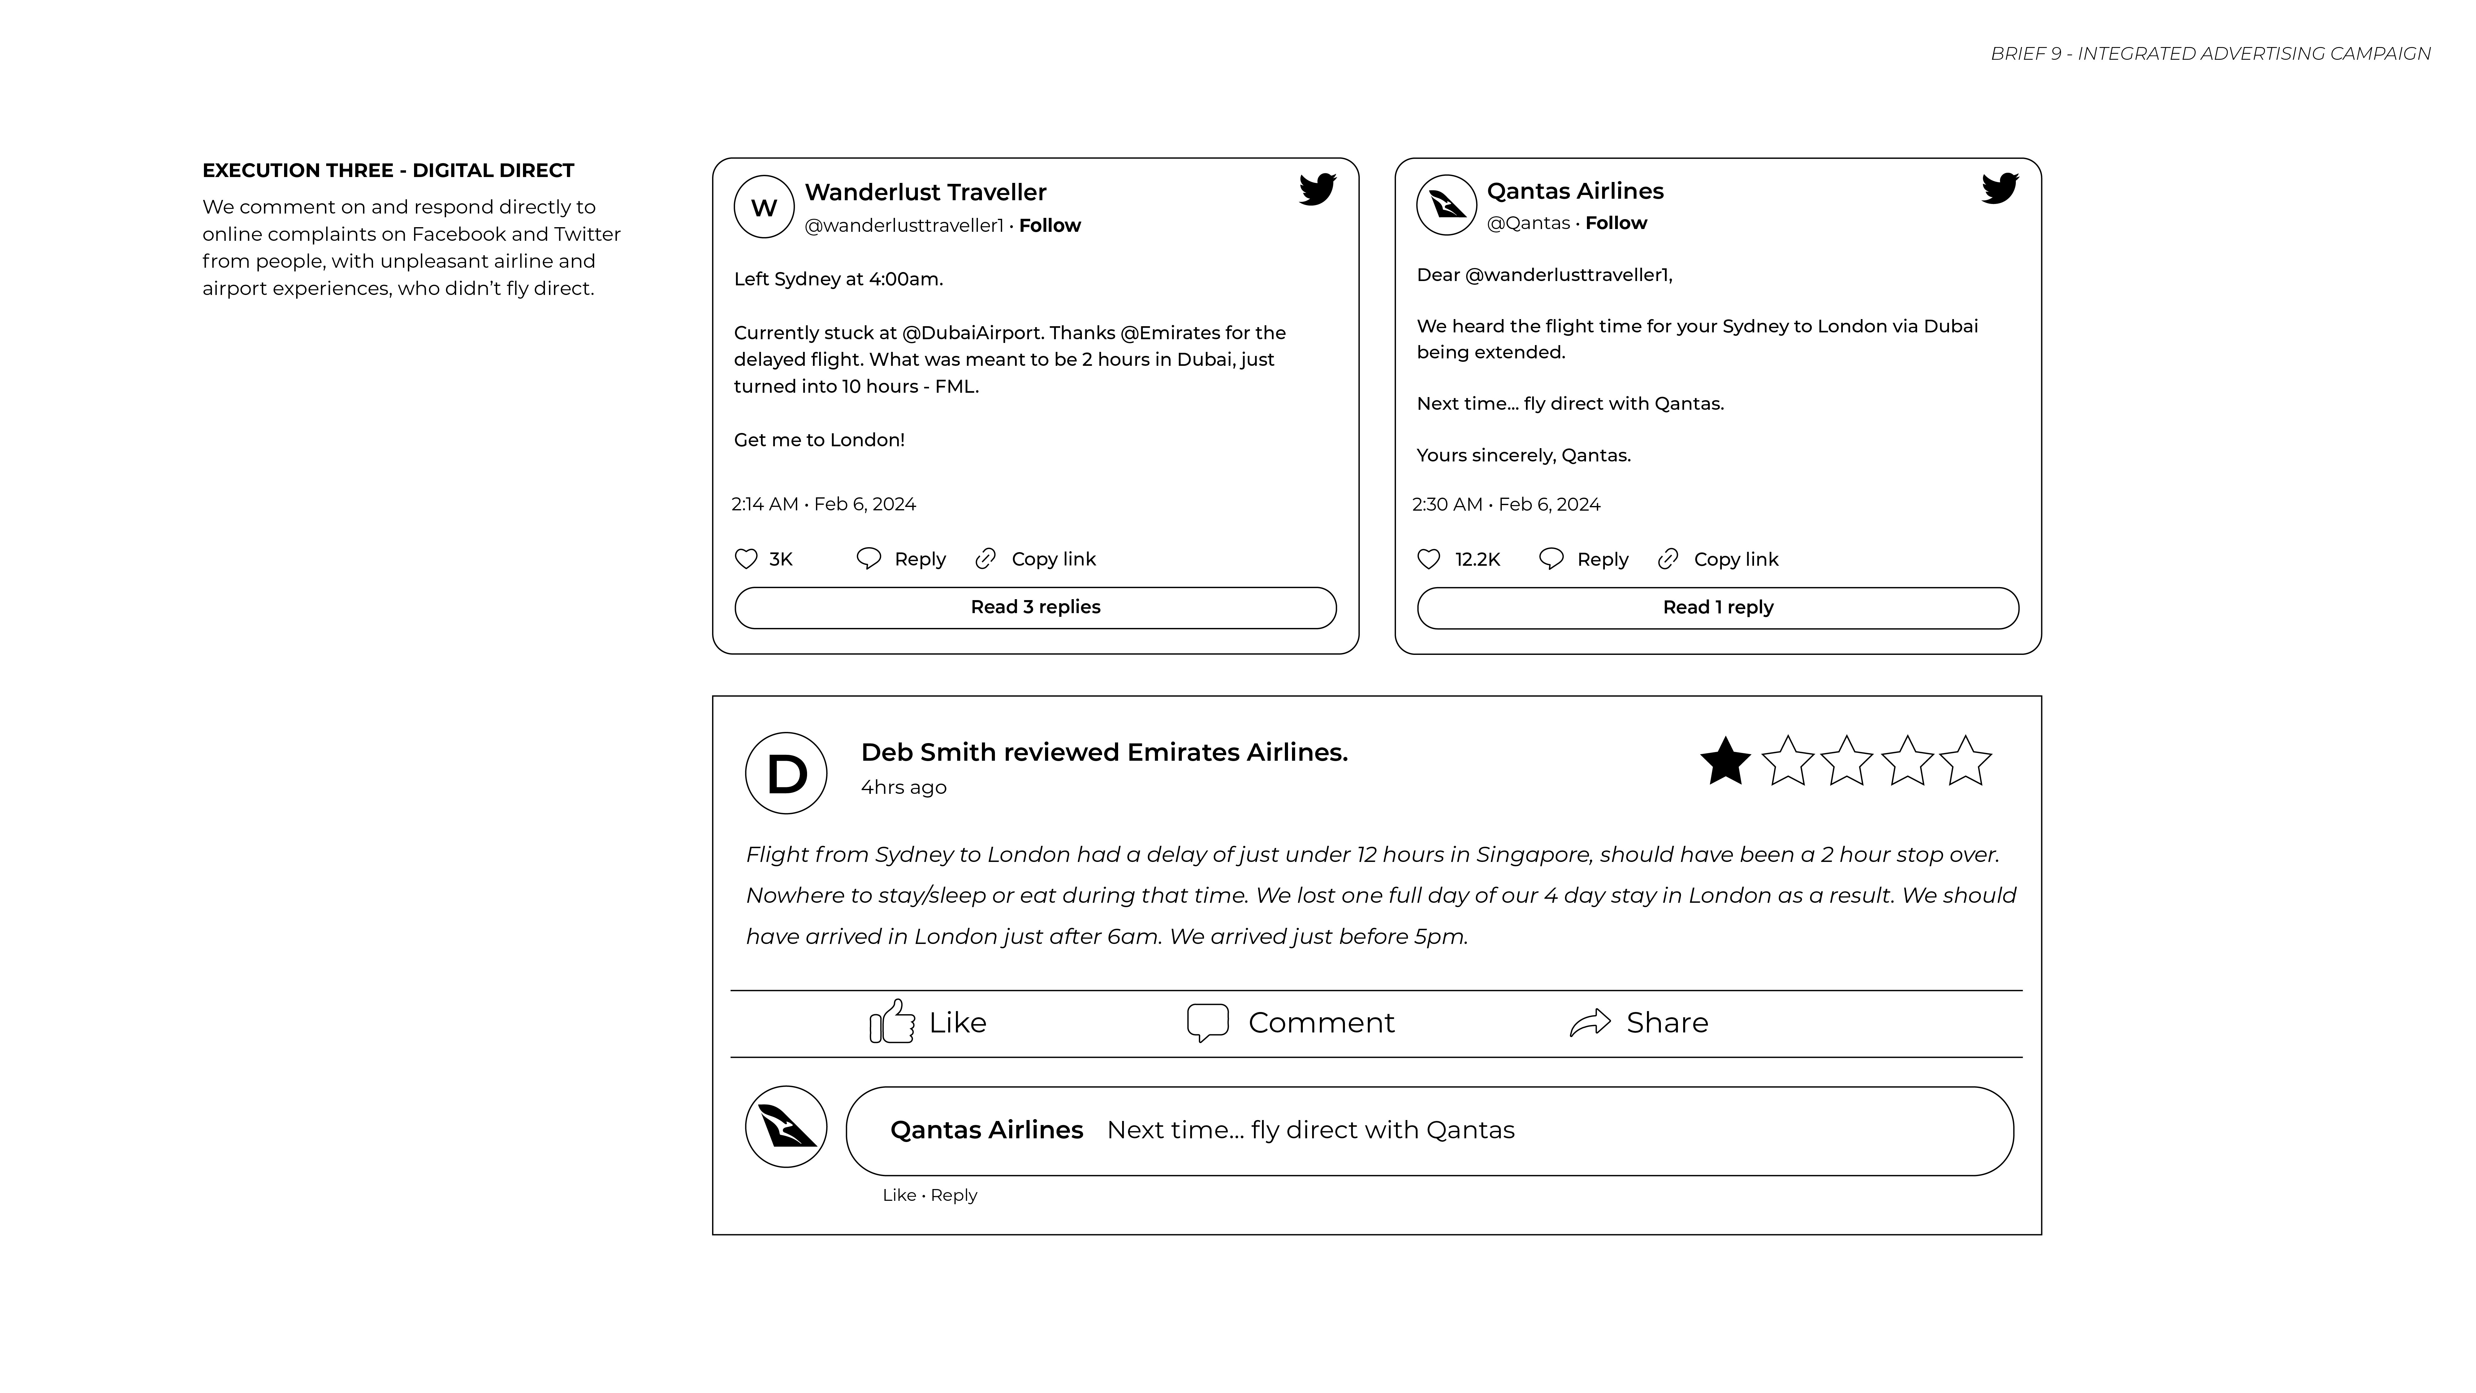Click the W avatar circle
pyautogui.click(x=764, y=207)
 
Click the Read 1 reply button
pyautogui.click(x=1718, y=608)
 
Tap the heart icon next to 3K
pyautogui.click(x=746, y=559)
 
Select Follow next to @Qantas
pyautogui.click(x=1616, y=223)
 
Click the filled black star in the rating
pyautogui.click(x=1725, y=761)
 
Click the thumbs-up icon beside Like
pyautogui.click(x=892, y=1022)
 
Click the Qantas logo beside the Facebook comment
pyautogui.click(x=786, y=1127)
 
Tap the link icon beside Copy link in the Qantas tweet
pyautogui.click(x=1668, y=559)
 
